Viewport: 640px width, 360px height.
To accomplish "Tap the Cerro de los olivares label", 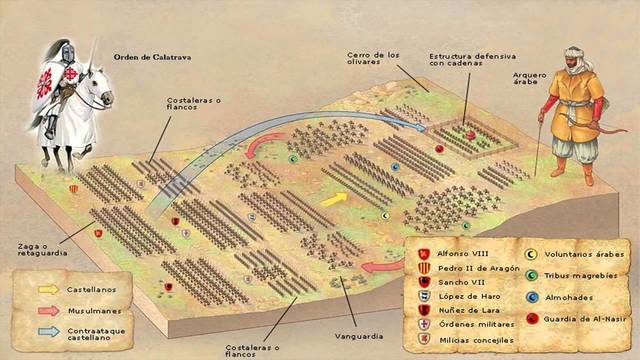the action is [373, 59].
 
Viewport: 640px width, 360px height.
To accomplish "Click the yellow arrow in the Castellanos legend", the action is [48, 287].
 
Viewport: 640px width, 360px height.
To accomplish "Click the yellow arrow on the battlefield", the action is [334, 199].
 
